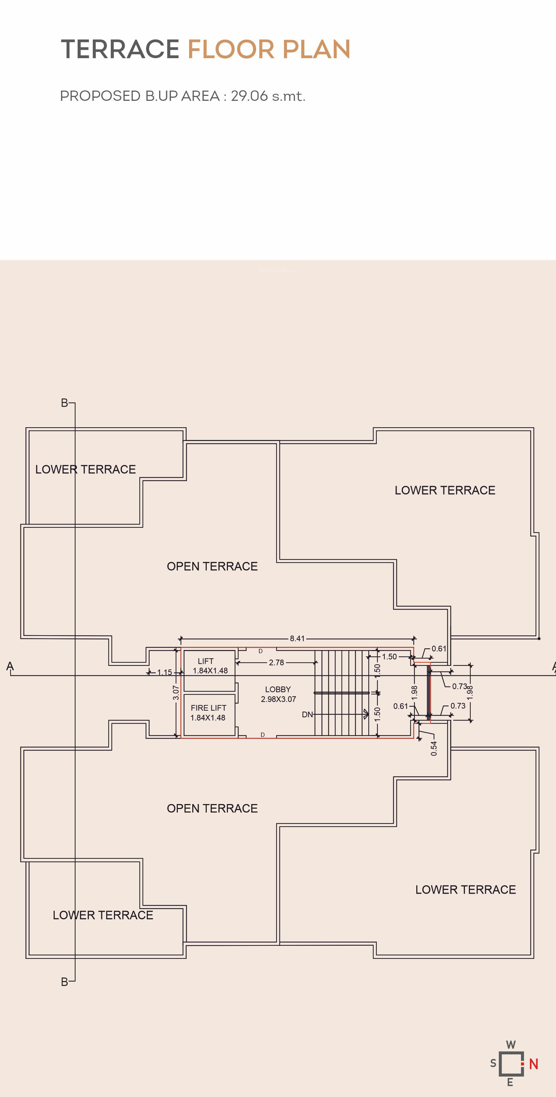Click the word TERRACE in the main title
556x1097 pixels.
(x=120, y=49)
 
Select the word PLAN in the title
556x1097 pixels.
(x=316, y=49)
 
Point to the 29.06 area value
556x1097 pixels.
(x=249, y=96)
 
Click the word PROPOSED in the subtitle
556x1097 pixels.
(x=100, y=96)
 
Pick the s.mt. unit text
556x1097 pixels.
(x=289, y=96)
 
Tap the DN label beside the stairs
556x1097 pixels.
(x=307, y=715)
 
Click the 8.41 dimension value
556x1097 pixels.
(x=297, y=638)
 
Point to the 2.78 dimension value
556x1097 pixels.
(x=277, y=662)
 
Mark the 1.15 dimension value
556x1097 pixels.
(x=164, y=673)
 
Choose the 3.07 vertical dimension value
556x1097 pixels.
(x=176, y=692)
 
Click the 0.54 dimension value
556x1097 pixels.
(x=434, y=748)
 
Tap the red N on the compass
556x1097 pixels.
(x=533, y=1064)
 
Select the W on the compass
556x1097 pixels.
(x=511, y=1044)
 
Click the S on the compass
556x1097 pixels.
(x=493, y=1064)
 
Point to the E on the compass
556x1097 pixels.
(x=510, y=1082)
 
